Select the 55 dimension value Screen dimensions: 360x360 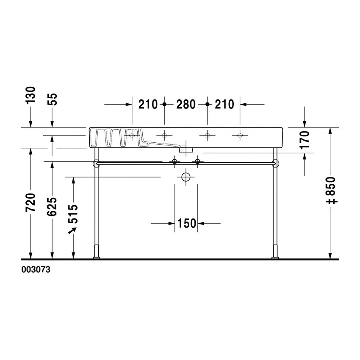[53, 98]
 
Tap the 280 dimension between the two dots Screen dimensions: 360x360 [186, 104]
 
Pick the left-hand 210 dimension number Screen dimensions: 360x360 [148, 104]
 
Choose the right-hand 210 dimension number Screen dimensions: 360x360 [224, 104]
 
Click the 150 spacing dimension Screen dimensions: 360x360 [186, 223]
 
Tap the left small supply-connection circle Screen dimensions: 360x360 [174, 161]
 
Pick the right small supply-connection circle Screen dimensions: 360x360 [197, 161]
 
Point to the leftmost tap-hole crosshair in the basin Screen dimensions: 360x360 [132, 136]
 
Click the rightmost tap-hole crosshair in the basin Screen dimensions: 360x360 [240, 136]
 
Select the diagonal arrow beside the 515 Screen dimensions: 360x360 [72, 230]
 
